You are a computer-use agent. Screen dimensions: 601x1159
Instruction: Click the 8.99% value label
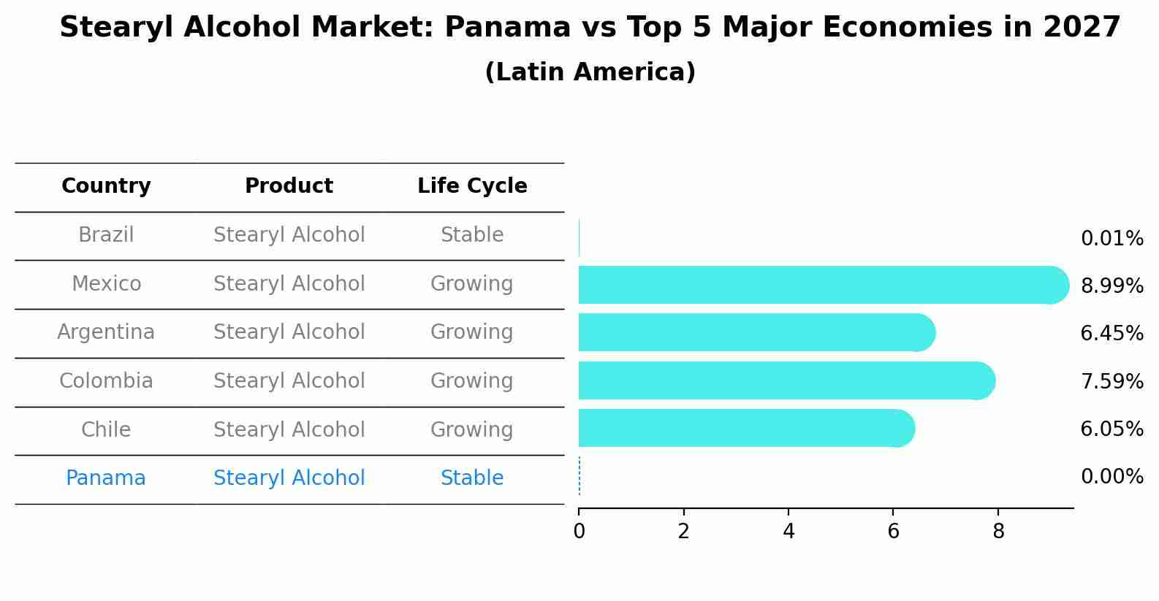tap(1111, 286)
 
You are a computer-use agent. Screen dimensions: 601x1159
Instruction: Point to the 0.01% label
tap(1111, 239)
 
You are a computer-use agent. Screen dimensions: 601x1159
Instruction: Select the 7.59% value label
tap(1111, 382)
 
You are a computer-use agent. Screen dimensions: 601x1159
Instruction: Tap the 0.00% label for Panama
tap(1111, 477)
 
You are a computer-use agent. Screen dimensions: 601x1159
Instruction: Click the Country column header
tap(106, 186)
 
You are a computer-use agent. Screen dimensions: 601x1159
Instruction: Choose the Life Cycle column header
tap(472, 186)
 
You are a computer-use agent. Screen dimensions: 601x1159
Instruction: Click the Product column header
tap(289, 186)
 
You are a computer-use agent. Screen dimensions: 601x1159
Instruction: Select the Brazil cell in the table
tap(106, 235)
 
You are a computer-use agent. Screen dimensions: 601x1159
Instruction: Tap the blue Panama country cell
tap(106, 478)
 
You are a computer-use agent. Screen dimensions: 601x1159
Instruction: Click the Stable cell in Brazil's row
tap(472, 235)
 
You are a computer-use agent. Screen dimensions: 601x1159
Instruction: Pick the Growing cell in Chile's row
tap(472, 429)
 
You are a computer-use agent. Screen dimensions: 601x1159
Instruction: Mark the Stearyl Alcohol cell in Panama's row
tap(289, 478)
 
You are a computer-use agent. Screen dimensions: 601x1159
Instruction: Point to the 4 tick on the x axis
tap(788, 532)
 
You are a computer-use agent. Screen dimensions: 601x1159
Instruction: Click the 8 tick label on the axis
tap(998, 532)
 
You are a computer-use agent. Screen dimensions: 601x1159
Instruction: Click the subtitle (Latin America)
tap(590, 72)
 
